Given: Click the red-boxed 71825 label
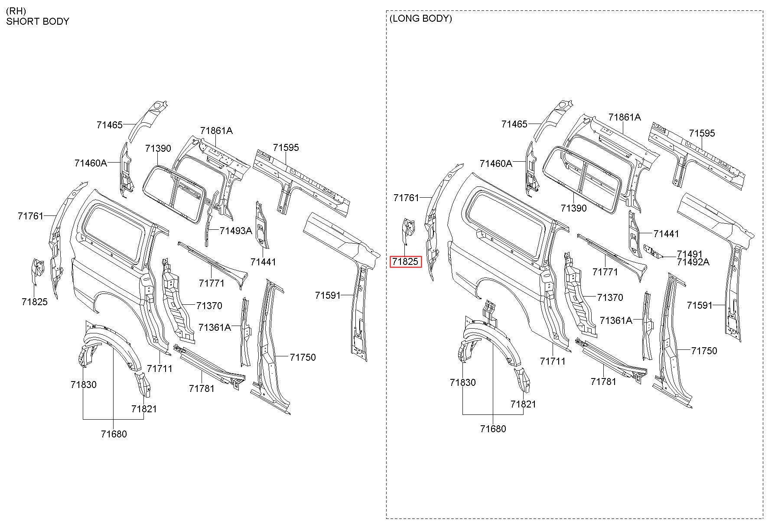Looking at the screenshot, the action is click(406, 262).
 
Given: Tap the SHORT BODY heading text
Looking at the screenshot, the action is click(38, 22).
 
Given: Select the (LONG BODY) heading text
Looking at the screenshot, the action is click(421, 19).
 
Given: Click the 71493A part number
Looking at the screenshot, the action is click(236, 231).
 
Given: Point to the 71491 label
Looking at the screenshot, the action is click(690, 254).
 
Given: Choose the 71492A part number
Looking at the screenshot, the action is click(693, 262).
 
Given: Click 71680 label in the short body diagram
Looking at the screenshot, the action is click(114, 434).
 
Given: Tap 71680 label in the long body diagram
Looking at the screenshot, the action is click(493, 429).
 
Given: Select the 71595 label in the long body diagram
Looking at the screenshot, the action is click(702, 134).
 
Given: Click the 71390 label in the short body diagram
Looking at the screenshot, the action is click(158, 148).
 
